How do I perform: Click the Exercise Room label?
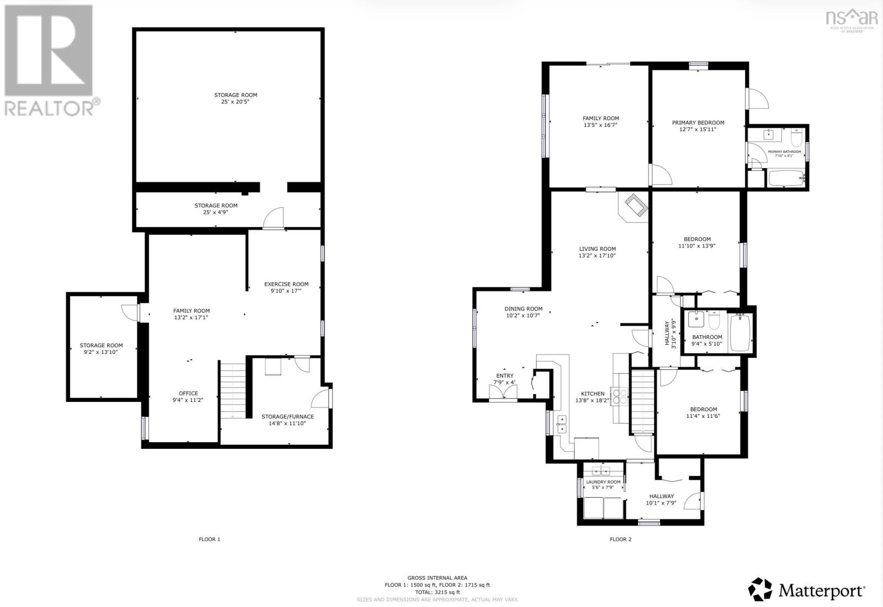click(286, 284)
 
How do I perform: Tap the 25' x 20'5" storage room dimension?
click(236, 102)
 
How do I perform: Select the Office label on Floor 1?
click(188, 394)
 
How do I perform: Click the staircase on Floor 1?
click(233, 390)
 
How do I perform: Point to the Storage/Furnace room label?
click(288, 417)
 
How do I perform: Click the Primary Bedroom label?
click(698, 123)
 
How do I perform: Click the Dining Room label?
click(523, 309)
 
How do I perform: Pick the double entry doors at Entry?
click(503, 392)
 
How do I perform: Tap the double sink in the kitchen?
click(562, 423)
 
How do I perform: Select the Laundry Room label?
click(603, 482)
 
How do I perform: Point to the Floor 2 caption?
click(620, 539)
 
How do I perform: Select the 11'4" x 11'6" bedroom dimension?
click(703, 416)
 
